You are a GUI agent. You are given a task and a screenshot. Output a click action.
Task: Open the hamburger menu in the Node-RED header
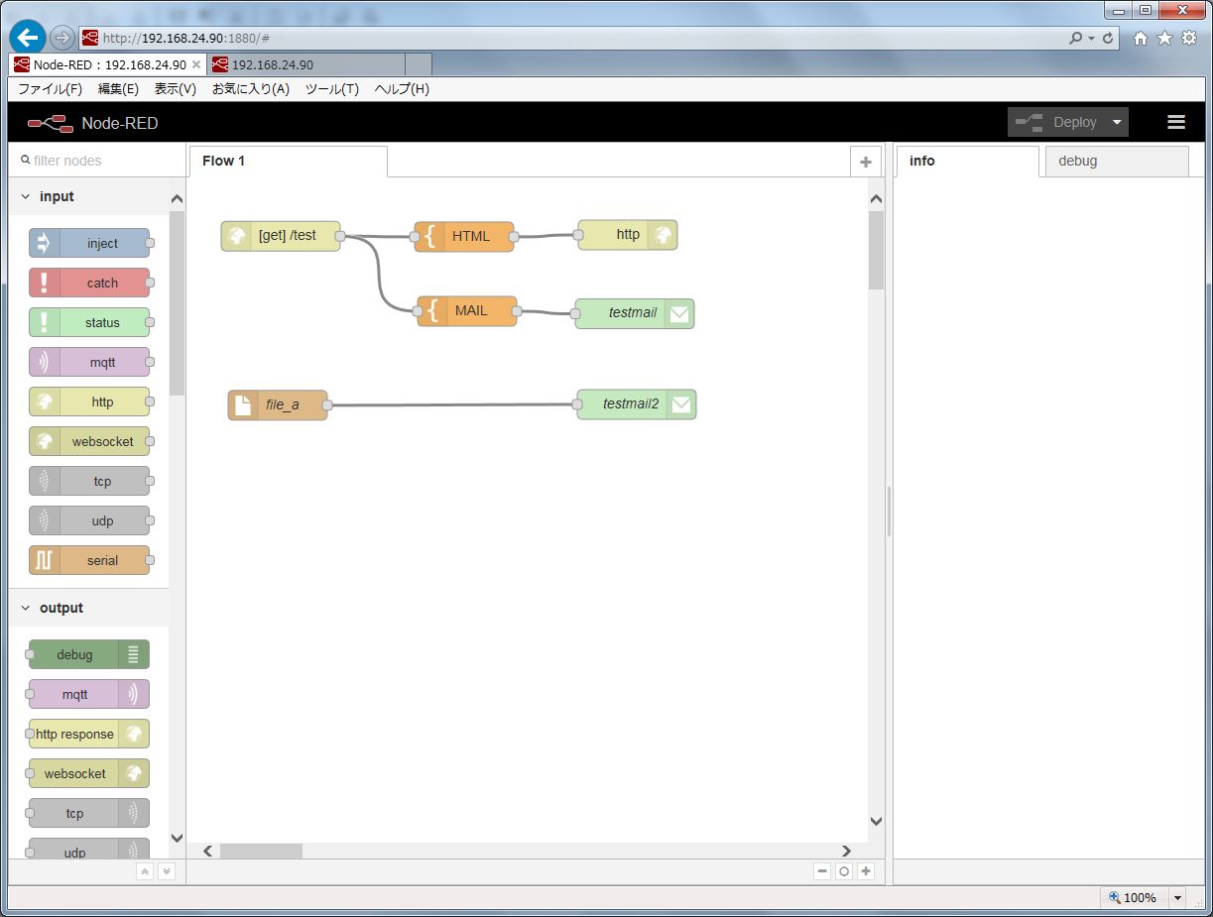(1176, 122)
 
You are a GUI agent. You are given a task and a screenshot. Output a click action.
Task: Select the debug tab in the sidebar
(1116, 162)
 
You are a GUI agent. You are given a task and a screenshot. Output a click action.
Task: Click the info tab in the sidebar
(967, 162)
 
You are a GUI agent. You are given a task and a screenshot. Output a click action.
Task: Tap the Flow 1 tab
(288, 162)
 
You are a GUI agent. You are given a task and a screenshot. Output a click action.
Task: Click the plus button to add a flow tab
(866, 162)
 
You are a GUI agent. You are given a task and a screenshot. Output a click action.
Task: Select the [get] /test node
(281, 236)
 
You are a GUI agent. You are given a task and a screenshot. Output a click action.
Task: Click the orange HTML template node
(464, 236)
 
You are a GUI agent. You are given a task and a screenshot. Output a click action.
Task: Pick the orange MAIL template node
(467, 311)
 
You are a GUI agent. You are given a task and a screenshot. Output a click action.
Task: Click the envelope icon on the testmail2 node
(681, 404)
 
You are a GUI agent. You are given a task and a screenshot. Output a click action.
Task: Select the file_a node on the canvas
(278, 404)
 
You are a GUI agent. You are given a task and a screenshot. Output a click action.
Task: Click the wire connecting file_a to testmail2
(452, 404)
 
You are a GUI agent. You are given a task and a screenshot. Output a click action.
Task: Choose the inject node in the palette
(89, 243)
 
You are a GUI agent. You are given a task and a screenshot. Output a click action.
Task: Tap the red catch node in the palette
(89, 283)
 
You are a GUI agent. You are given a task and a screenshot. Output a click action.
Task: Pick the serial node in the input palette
(89, 560)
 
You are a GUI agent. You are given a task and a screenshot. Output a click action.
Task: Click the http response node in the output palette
(89, 734)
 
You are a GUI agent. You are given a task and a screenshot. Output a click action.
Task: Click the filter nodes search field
(97, 161)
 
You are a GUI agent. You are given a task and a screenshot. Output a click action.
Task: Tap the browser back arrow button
(28, 38)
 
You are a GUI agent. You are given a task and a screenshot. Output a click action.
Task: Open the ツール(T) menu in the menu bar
(331, 89)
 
